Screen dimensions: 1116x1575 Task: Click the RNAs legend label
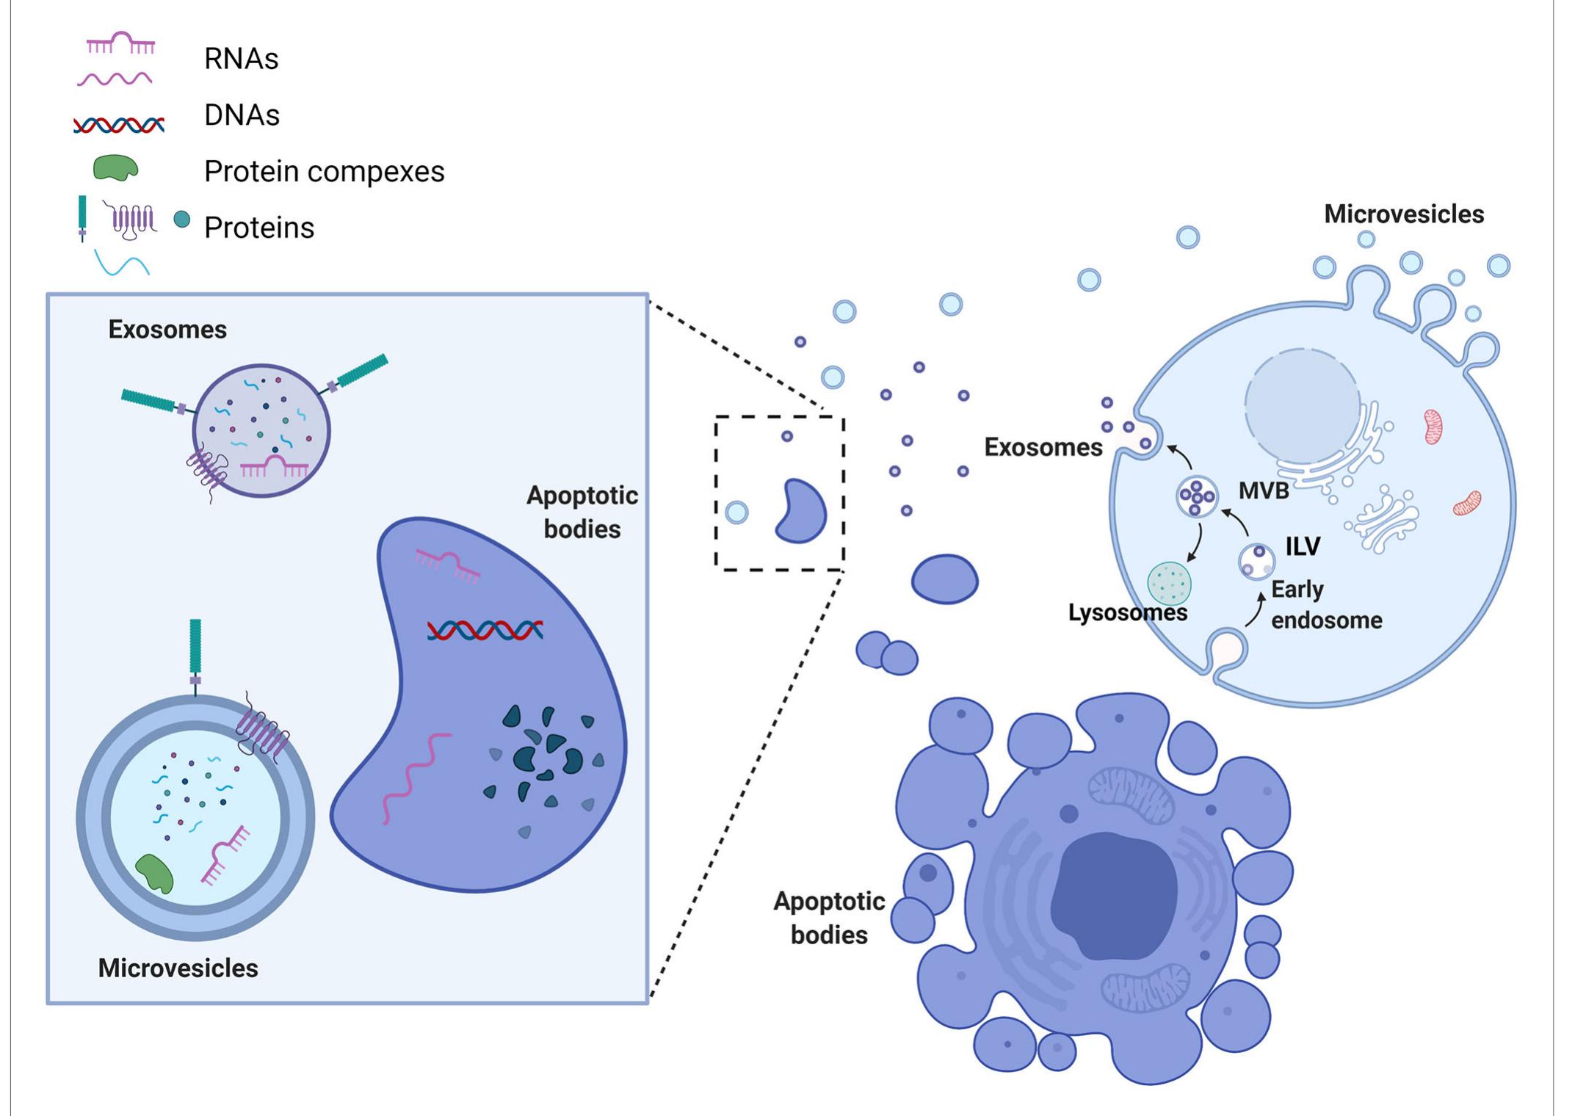(x=241, y=59)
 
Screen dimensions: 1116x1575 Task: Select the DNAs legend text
(x=242, y=115)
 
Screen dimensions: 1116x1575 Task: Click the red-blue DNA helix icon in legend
(x=119, y=126)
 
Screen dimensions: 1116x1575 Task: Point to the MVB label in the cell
(x=1263, y=490)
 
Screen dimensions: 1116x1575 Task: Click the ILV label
(x=1303, y=546)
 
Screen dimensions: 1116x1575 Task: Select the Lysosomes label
(x=1127, y=612)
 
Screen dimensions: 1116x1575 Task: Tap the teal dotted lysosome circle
(x=1169, y=584)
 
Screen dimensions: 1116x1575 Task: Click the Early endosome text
(x=1325, y=605)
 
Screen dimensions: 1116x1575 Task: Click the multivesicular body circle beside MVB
(x=1197, y=497)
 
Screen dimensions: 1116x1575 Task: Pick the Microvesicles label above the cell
(x=1403, y=214)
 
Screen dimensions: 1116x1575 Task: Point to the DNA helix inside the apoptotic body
(x=485, y=630)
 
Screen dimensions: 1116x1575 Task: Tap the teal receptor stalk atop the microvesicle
(x=195, y=648)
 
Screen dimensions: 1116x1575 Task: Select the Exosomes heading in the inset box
(x=167, y=329)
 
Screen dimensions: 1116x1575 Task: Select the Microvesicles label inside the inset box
(x=178, y=968)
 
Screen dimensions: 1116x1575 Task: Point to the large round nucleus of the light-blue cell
(x=1302, y=405)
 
